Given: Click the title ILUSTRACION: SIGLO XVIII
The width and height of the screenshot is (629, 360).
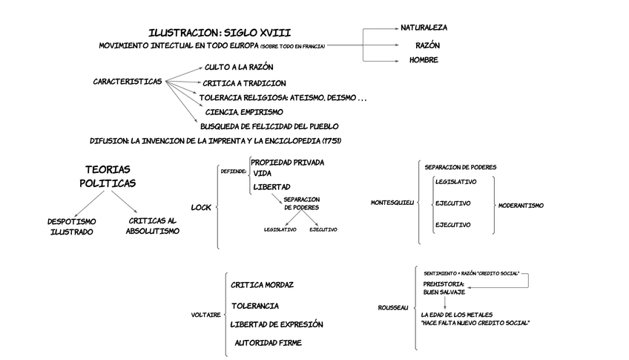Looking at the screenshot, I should (x=220, y=33).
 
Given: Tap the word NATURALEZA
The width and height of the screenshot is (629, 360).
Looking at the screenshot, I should (x=424, y=27).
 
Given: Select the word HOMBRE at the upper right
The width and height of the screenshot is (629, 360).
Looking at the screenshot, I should (x=424, y=60).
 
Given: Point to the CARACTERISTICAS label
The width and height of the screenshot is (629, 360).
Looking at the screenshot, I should (x=128, y=81).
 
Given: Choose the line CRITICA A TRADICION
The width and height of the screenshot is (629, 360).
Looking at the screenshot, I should (x=244, y=83).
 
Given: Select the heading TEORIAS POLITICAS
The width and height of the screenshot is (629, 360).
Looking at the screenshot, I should (x=108, y=176).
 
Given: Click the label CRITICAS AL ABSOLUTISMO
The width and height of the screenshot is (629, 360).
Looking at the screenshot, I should (x=152, y=226).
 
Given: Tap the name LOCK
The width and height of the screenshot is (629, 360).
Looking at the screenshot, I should (x=202, y=207).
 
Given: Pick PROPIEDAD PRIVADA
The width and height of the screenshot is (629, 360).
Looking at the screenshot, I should (x=287, y=162).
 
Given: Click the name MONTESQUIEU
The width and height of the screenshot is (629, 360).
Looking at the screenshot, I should (x=392, y=203).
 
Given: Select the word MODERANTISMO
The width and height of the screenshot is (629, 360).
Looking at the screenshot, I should (x=521, y=206).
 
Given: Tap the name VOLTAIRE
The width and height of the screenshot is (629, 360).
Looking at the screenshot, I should (x=205, y=315).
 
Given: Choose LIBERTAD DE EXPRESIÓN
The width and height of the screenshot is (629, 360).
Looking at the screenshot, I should (x=277, y=324).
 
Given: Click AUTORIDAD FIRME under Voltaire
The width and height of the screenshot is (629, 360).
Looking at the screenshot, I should (x=269, y=343).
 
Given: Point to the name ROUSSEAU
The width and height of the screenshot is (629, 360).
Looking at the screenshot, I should (x=393, y=307).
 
